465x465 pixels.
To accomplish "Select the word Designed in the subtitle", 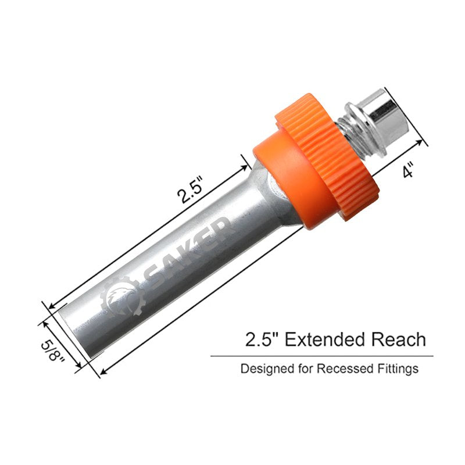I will (262, 369).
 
